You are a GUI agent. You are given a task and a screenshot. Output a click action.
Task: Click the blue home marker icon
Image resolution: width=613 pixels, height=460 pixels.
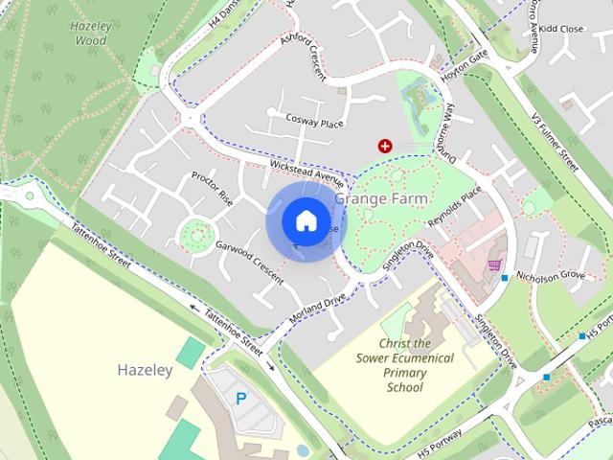tap(305, 220)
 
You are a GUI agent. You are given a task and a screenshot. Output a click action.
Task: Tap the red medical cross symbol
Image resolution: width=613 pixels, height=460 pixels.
tap(385, 146)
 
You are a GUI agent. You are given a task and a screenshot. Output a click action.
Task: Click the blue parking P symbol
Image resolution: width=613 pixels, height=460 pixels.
tap(241, 398)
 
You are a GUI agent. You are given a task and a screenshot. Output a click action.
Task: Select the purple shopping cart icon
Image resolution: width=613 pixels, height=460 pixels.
tap(495, 264)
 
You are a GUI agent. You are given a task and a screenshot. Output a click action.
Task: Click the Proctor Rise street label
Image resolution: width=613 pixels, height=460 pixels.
tap(212, 187)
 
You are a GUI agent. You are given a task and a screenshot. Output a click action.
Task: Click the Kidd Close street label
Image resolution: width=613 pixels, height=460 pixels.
tap(560, 30)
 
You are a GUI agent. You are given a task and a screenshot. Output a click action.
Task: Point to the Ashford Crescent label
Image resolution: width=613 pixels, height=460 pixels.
tap(304, 57)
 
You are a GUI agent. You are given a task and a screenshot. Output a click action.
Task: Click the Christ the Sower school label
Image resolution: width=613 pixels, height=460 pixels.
tap(404, 365)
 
